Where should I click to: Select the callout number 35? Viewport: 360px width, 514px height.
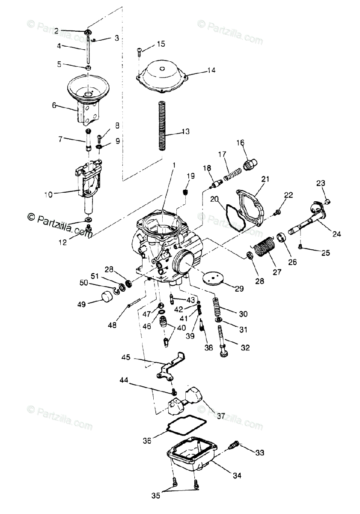(156, 496)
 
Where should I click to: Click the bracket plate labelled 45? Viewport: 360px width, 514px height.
(169, 368)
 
